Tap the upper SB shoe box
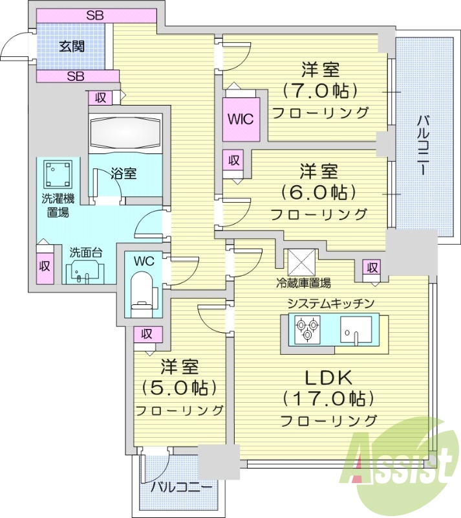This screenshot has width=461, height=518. pyautogui.click(x=96, y=16)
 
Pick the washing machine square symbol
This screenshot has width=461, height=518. pyautogui.click(x=57, y=173)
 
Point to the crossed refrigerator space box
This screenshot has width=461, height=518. pyautogui.click(x=300, y=262)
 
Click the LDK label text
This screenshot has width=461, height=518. pyautogui.click(x=328, y=377)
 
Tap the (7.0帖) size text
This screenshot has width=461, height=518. pyautogui.click(x=319, y=90)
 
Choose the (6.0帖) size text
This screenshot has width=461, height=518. pyautogui.click(x=319, y=192)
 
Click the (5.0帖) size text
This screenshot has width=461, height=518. pyautogui.click(x=178, y=388)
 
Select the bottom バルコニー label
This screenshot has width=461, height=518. pyautogui.click(x=181, y=487)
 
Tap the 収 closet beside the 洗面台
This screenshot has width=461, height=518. pyautogui.click(x=44, y=265)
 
